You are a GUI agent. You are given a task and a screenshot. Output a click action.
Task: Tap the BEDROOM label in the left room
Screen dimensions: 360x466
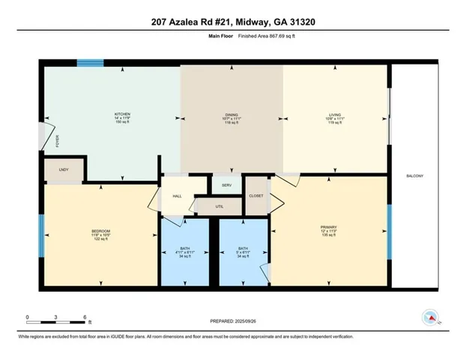click(101, 230)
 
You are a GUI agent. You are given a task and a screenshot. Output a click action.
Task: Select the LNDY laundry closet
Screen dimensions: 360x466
click(64, 170)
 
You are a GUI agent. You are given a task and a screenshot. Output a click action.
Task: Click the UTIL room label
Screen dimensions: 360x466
click(219, 205)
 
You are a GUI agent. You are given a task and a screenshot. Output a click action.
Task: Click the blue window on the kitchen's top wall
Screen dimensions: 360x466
click(89, 64)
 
